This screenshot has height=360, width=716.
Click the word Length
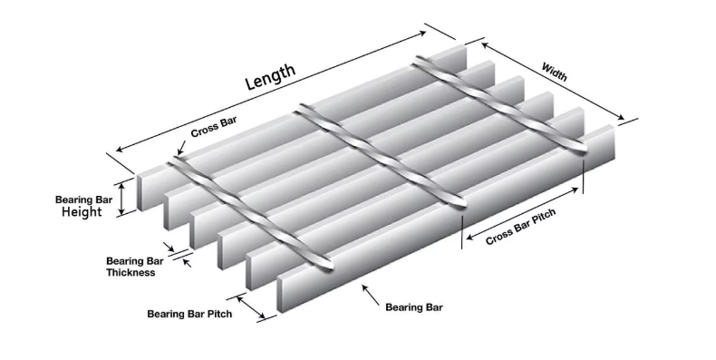(271, 77)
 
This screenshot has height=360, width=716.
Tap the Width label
(555, 72)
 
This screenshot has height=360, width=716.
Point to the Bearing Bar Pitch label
(189, 314)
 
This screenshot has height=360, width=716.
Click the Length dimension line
(272, 91)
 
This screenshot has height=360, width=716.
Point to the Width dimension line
(553, 83)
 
